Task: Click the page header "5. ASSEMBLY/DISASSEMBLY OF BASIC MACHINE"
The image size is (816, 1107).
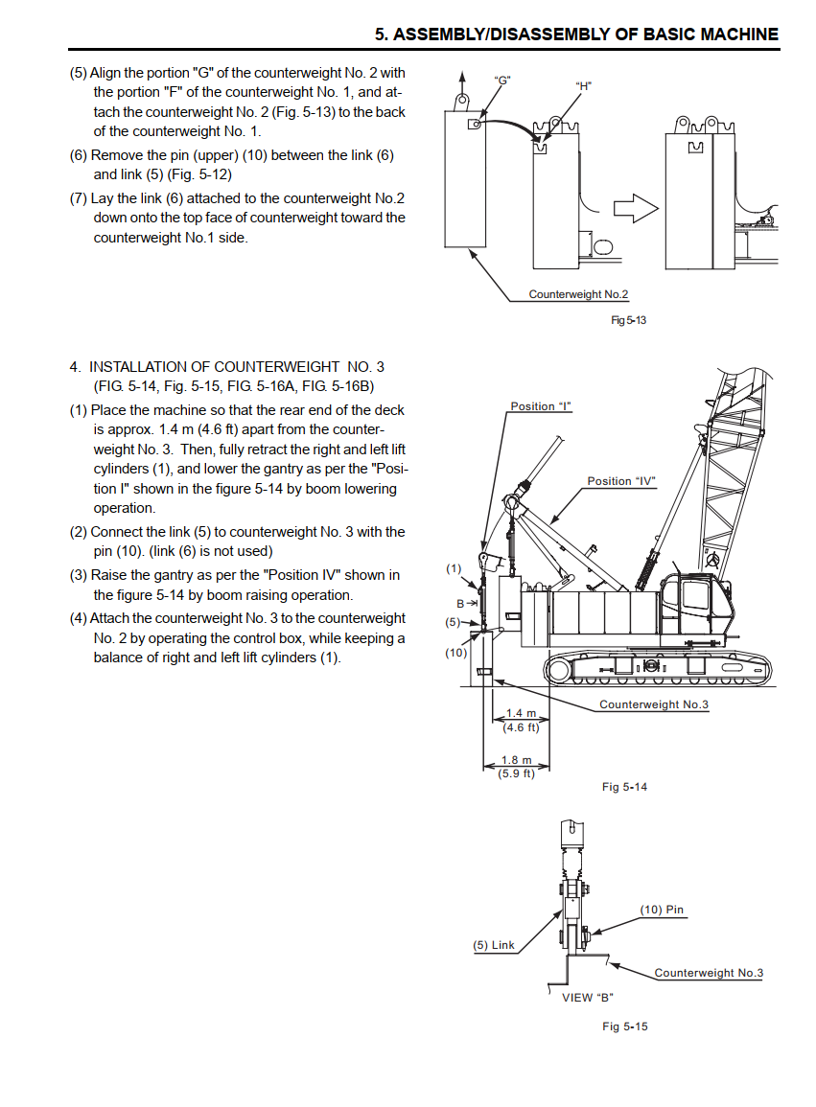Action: pyautogui.click(x=576, y=34)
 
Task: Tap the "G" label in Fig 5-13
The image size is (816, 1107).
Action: pyautogui.click(x=502, y=81)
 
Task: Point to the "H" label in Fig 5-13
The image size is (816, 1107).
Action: pyautogui.click(x=584, y=86)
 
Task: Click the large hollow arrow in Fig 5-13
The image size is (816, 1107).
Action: pyautogui.click(x=636, y=208)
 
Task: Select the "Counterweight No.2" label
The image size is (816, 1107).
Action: pyautogui.click(x=578, y=294)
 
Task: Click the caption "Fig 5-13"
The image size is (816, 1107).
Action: pyautogui.click(x=628, y=320)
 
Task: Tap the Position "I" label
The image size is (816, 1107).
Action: pyautogui.click(x=541, y=406)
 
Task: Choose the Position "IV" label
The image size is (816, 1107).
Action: pyautogui.click(x=621, y=481)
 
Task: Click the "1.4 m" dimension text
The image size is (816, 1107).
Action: pyautogui.click(x=522, y=713)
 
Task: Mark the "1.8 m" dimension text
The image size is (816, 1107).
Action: pyautogui.click(x=517, y=760)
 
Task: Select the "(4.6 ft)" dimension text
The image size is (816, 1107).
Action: pyautogui.click(x=522, y=727)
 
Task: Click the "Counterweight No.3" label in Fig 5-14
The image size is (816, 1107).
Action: pyautogui.click(x=654, y=704)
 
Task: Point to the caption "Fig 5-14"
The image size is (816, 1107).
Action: pyautogui.click(x=624, y=787)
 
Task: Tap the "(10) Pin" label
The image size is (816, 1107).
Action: pyautogui.click(x=662, y=910)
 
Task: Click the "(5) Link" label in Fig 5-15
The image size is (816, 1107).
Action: pyautogui.click(x=494, y=945)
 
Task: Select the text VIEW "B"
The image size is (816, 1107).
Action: pyautogui.click(x=588, y=998)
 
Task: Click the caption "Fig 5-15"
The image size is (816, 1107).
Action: pyautogui.click(x=624, y=1026)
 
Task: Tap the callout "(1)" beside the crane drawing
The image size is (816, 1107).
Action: pyautogui.click(x=454, y=568)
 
